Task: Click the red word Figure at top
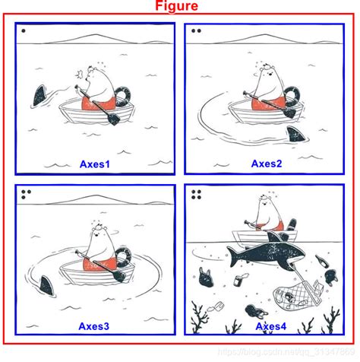pos(177,7)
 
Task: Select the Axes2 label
pos(267,163)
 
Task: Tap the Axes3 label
pos(94,326)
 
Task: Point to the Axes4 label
pos(271,327)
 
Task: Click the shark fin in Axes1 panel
pos(37,97)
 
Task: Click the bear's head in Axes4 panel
pos(263,204)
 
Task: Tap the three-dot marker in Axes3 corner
pos(27,195)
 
